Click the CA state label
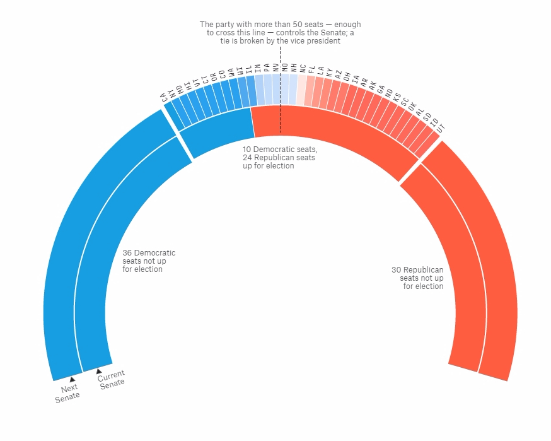pos(164,97)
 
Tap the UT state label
pos(441,127)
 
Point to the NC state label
pos(303,68)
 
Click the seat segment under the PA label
pos(268,89)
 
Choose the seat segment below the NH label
pos(293,89)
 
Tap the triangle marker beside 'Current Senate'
pos(99,372)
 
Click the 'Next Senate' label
pos(68,392)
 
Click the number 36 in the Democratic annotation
pos(127,253)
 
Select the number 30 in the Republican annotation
pos(396,270)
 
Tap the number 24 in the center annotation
pos(248,158)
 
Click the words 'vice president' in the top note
pos(316,41)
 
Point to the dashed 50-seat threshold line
pos(281,95)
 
